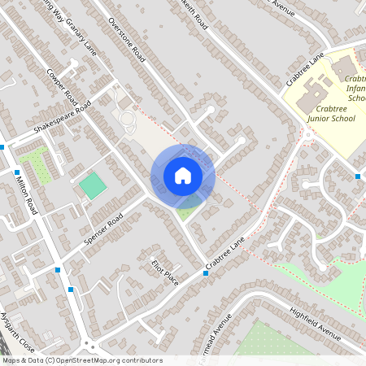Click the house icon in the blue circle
tap(182, 176)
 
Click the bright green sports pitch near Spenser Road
tap(92, 185)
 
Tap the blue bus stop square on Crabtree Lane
tap(206, 273)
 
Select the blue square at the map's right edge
tap(358, 176)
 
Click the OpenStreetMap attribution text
tap(81, 360)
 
